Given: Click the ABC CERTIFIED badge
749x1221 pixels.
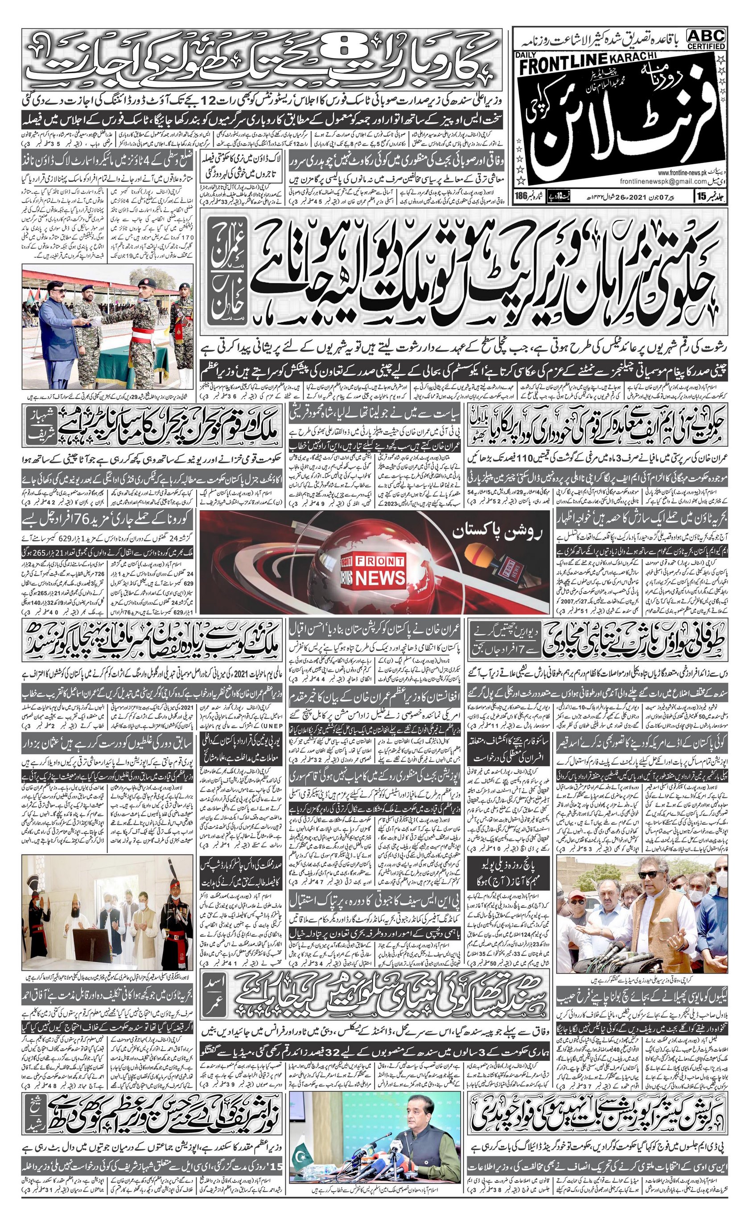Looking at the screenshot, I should coord(706,39).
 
